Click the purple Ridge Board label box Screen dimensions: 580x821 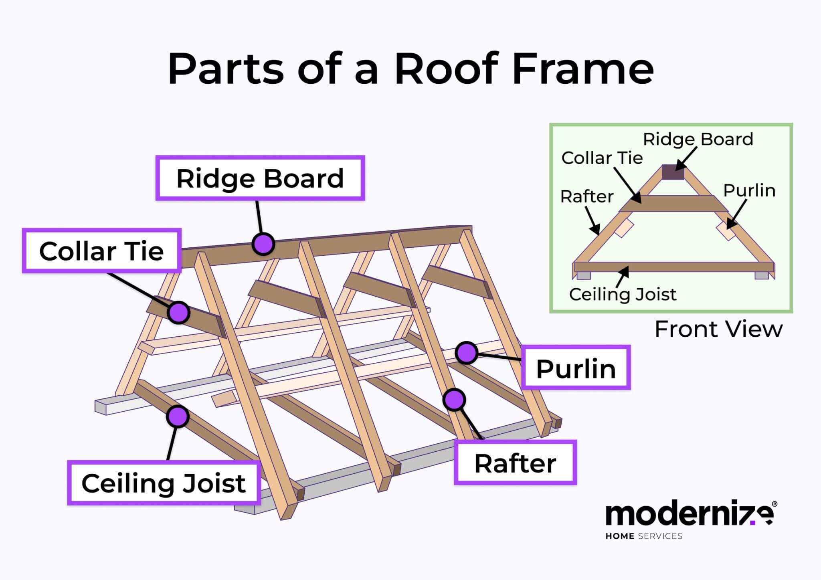click(260, 178)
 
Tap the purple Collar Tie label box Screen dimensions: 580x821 click(101, 251)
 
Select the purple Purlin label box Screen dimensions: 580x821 click(576, 368)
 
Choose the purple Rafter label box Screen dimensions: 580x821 click(515, 463)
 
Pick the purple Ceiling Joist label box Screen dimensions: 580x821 click(164, 483)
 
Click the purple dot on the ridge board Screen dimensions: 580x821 click(263, 244)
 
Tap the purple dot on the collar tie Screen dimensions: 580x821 click(178, 312)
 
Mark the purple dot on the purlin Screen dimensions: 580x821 click(466, 353)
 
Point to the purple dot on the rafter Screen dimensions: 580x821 click(454, 400)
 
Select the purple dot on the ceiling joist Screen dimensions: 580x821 click(178, 416)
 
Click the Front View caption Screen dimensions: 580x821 click(718, 329)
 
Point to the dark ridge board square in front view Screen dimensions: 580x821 click(673, 172)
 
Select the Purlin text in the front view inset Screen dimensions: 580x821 click(749, 190)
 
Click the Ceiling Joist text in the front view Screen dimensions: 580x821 click(623, 295)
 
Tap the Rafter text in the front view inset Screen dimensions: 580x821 click(586, 196)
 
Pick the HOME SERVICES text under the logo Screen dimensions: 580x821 click(643, 536)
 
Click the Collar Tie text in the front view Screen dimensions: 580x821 click(602, 158)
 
